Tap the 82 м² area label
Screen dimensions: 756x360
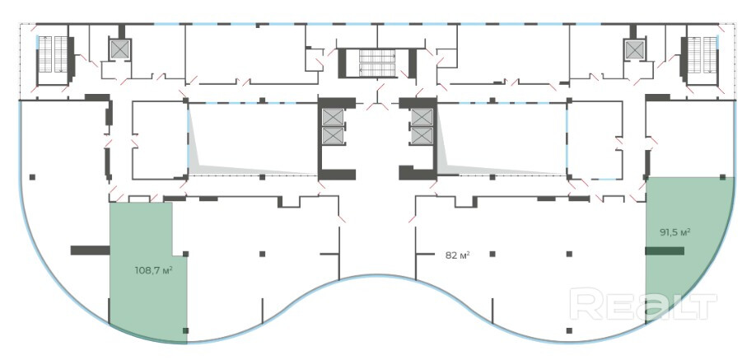pos(458,255)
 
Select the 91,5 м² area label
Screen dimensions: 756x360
pos(674,232)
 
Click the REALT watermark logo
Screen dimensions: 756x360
pos(643,304)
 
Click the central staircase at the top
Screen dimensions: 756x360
pos(377,63)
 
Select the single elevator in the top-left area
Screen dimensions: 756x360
pos(120,49)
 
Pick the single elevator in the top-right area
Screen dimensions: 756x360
pos(634,49)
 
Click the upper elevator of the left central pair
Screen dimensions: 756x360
pos(333,118)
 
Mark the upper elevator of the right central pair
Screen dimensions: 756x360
pos(422,118)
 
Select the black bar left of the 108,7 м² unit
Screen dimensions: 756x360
pos(85,250)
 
